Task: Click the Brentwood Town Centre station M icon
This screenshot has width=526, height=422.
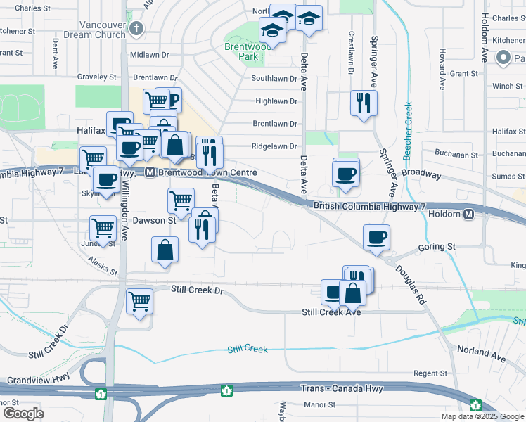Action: click(150, 172)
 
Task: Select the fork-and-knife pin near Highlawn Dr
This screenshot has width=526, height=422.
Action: click(364, 103)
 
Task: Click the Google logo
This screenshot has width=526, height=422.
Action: click(23, 413)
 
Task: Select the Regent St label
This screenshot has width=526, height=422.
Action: click(430, 373)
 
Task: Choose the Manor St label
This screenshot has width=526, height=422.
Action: click(319, 404)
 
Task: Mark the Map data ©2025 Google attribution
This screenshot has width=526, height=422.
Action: click(482, 416)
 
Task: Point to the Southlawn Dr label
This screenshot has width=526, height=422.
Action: click(274, 78)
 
